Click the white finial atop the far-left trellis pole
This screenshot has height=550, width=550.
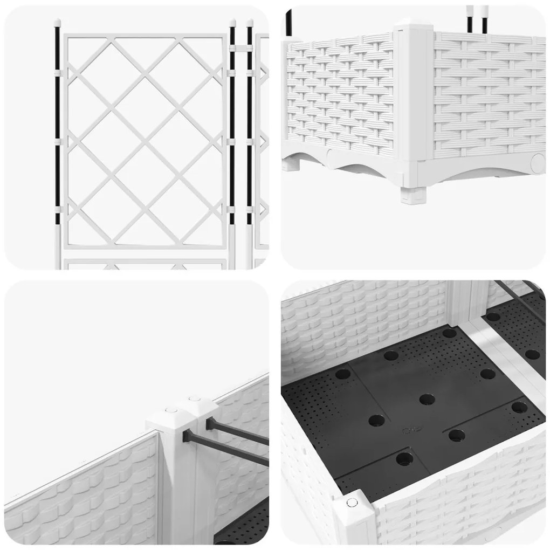(57, 23)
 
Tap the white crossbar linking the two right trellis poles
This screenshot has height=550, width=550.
(241, 48)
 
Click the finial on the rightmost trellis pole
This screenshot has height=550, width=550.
(250, 24)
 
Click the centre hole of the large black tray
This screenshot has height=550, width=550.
(427, 400)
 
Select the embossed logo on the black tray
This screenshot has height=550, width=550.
(410, 430)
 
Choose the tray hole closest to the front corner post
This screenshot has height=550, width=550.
(403, 459)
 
